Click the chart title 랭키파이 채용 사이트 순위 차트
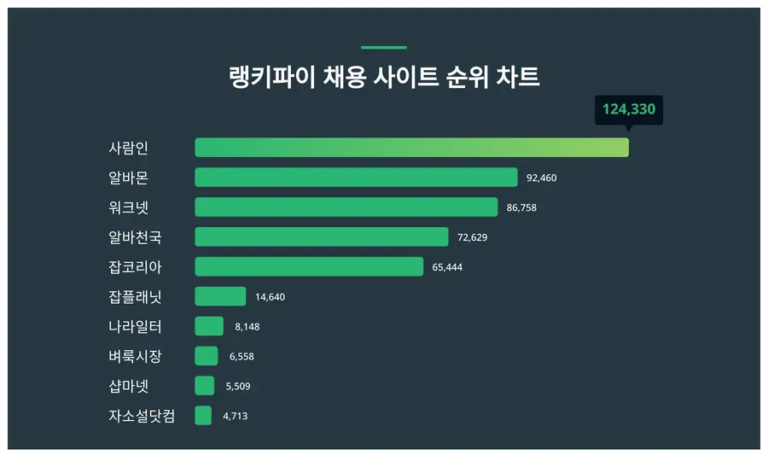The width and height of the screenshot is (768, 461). coord(384,77)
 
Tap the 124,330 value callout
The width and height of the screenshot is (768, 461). coord(629,110)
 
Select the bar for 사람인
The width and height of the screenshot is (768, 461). coord(412,148)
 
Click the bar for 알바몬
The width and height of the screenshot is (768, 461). coord(356,178)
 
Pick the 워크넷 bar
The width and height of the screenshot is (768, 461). coord(346,207)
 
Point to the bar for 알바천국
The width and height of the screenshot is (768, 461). coord(322,236)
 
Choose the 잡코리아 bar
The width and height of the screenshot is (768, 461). coord(309,266)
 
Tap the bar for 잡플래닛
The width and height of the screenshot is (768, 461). coord(220,296)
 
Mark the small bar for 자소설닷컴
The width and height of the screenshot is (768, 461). coord(203,416)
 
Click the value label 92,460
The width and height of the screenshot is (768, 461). coord(541,178)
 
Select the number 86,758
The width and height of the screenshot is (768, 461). coord(521,207)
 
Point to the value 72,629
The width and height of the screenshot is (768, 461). coord(472,237)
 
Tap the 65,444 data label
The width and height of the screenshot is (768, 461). coord(447,267)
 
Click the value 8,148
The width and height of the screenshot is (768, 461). coord(247,327)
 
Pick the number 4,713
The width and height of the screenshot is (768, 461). coord(236,416)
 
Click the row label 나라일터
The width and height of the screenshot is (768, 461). coord(135,327)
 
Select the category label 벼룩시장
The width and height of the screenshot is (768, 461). coord(135,356)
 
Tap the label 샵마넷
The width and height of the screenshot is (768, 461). coord(128,386)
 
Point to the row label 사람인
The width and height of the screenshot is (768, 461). coord(128,148)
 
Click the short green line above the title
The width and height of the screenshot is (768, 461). coord(384,48)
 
